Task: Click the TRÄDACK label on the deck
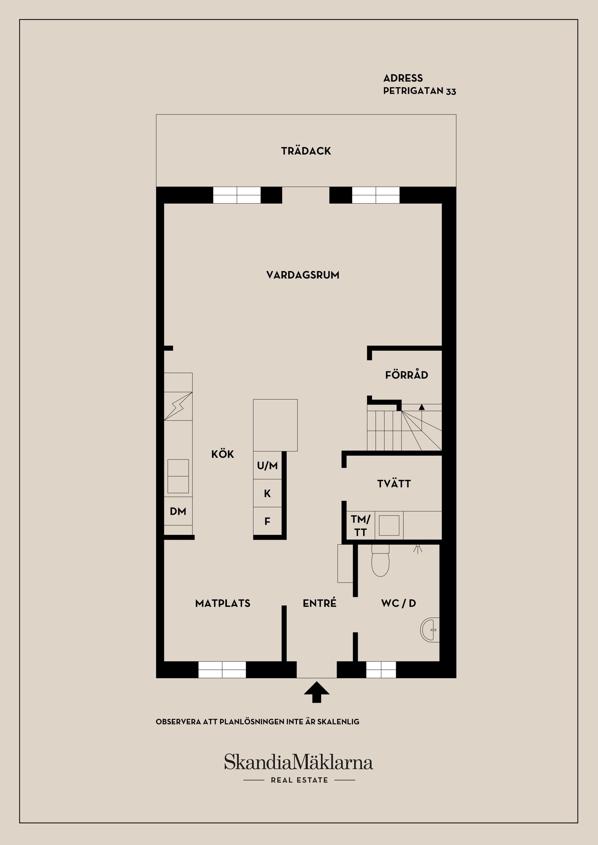pos(306,151)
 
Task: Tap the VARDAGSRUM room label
pos(303,275)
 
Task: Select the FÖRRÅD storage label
pos(407,375)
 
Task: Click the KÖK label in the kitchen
pos(223,453)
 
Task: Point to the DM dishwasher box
pos(178,511)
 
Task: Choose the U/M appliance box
pos(267,465)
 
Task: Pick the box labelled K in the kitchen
pos(267,493)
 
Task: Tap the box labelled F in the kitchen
pos(267,521)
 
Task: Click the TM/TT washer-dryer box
pos(361,526)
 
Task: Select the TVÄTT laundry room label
pos(394,484)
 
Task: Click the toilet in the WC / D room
pos(381,560)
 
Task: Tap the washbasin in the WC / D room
pos(430,630)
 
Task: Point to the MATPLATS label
pos(223,603)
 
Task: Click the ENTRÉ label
pos(320,603)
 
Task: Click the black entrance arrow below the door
pos(317,692)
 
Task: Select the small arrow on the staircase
pos(421,407)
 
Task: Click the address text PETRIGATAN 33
pos(419,91)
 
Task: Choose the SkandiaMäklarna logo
pos(299,762)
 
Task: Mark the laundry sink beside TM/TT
pos(389,526)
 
